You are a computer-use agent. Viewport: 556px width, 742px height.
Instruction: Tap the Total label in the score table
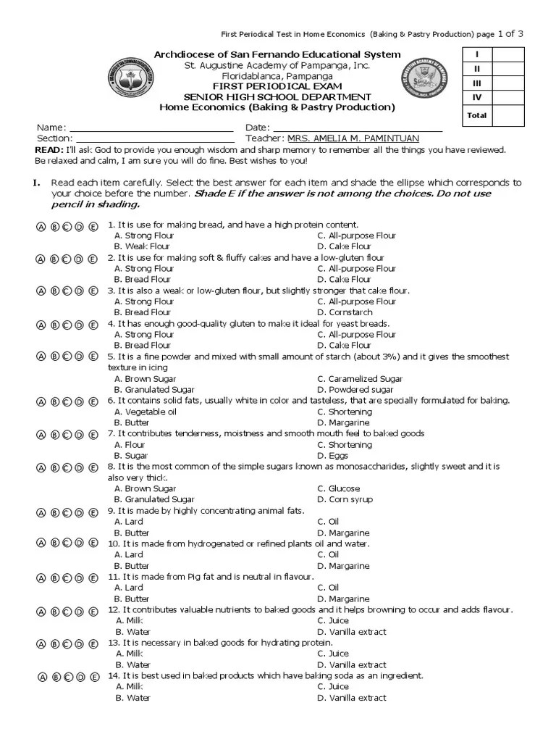(x=477, y=115)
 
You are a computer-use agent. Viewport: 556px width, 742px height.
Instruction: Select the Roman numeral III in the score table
(x=477, y=84)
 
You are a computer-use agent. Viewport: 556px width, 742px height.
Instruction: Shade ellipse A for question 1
(x=41, y=226)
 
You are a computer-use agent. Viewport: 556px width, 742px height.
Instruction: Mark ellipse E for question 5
(x=93, y=357)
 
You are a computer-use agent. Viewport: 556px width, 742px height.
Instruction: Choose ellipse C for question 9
(x=67, y=512)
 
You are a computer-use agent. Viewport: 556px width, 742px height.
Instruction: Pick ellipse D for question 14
(x=80, y=677)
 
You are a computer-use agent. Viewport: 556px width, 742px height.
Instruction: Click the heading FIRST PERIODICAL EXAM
(x=278, y=86)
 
